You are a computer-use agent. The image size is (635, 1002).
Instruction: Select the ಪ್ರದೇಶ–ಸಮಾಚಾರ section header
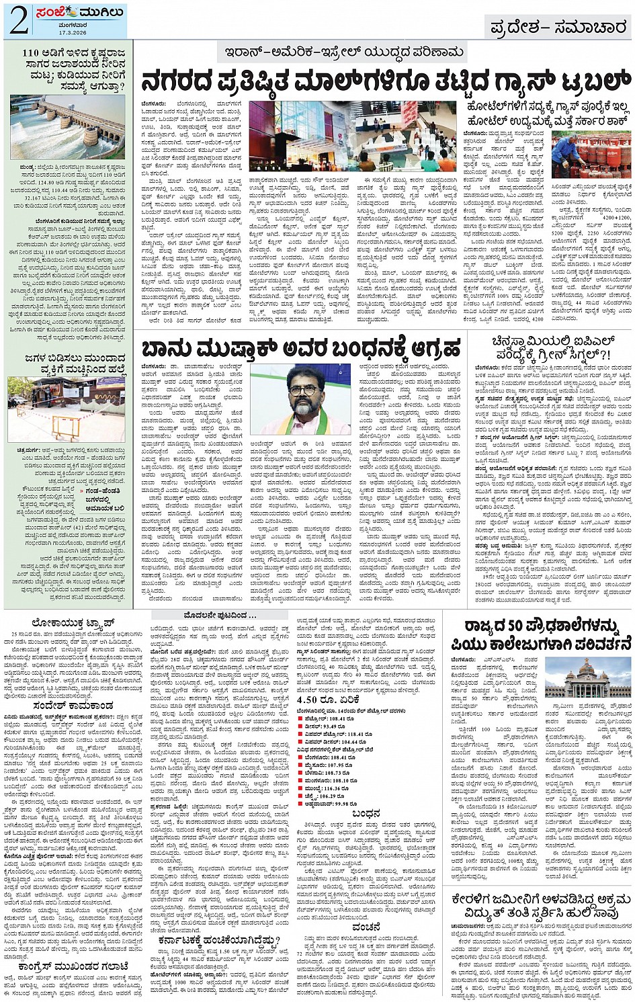click(x=558, y=28)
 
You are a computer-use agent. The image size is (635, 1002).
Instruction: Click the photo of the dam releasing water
click(x=68, y=128)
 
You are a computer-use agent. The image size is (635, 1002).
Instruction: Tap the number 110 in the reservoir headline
click(x=31, y=52)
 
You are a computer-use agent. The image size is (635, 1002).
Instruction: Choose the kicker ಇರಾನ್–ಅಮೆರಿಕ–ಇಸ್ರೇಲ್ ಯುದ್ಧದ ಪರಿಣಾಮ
click(x=344, y=52)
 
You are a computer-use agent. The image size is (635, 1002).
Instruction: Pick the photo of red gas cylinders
click(x=591, y=154)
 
